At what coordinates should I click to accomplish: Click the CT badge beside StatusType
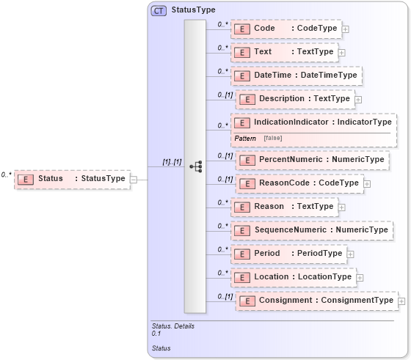tap(159, 10)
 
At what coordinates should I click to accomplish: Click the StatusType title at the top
tap(193, 10)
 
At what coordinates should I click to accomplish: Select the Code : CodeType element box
tap(286, 29)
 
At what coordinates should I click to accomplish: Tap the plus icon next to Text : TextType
tap(342, 53)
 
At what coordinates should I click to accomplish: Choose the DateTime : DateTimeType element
tap(297, 76)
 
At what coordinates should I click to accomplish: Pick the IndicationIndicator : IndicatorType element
tap(313, 122)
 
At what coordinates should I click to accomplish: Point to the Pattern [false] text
tap(258, 138)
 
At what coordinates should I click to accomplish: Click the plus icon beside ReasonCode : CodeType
tap(367, 183)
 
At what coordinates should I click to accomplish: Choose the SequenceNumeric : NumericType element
tap(311, 230)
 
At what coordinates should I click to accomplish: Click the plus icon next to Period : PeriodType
tap(350, 254)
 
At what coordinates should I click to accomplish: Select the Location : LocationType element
tap(294, 277)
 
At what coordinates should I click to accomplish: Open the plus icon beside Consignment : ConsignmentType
tap(401, 301)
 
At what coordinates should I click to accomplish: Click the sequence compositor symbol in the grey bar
tap(195, 166)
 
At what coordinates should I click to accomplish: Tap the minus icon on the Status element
tap(134, 178)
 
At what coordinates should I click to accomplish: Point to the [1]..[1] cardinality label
tap(172, 161)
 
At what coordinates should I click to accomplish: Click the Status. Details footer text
tap(172, 326)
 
